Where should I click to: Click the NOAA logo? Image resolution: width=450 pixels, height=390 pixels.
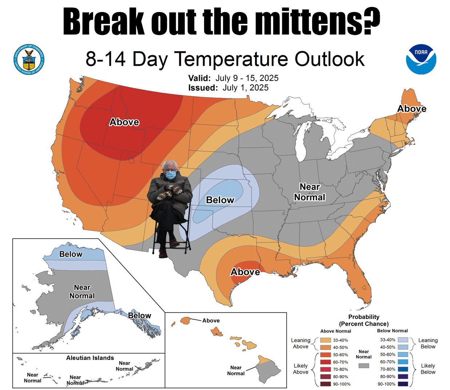421,59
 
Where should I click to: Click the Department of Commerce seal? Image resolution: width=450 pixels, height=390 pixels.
29,59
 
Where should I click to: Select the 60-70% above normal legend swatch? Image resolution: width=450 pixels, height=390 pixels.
325,362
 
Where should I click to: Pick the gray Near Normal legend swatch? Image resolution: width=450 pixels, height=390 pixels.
364,366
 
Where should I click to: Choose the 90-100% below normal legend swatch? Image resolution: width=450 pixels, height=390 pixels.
403,384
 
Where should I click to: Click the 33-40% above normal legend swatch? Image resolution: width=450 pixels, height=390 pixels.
325,340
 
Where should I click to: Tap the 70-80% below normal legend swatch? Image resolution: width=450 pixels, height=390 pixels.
403,369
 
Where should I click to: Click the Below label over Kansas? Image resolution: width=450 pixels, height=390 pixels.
220,200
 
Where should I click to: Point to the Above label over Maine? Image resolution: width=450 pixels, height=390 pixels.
412,109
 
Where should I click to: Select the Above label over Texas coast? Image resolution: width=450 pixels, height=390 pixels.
245,272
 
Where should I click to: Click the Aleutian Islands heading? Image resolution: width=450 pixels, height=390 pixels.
90,358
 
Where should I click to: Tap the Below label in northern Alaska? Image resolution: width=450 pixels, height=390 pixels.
71,254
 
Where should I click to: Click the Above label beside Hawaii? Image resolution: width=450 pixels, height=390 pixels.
211,321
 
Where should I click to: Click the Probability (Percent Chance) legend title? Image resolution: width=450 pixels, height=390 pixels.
364,320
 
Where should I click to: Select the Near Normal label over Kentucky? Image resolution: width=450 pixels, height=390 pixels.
310,192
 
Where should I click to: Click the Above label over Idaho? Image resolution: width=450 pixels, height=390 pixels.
124,122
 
